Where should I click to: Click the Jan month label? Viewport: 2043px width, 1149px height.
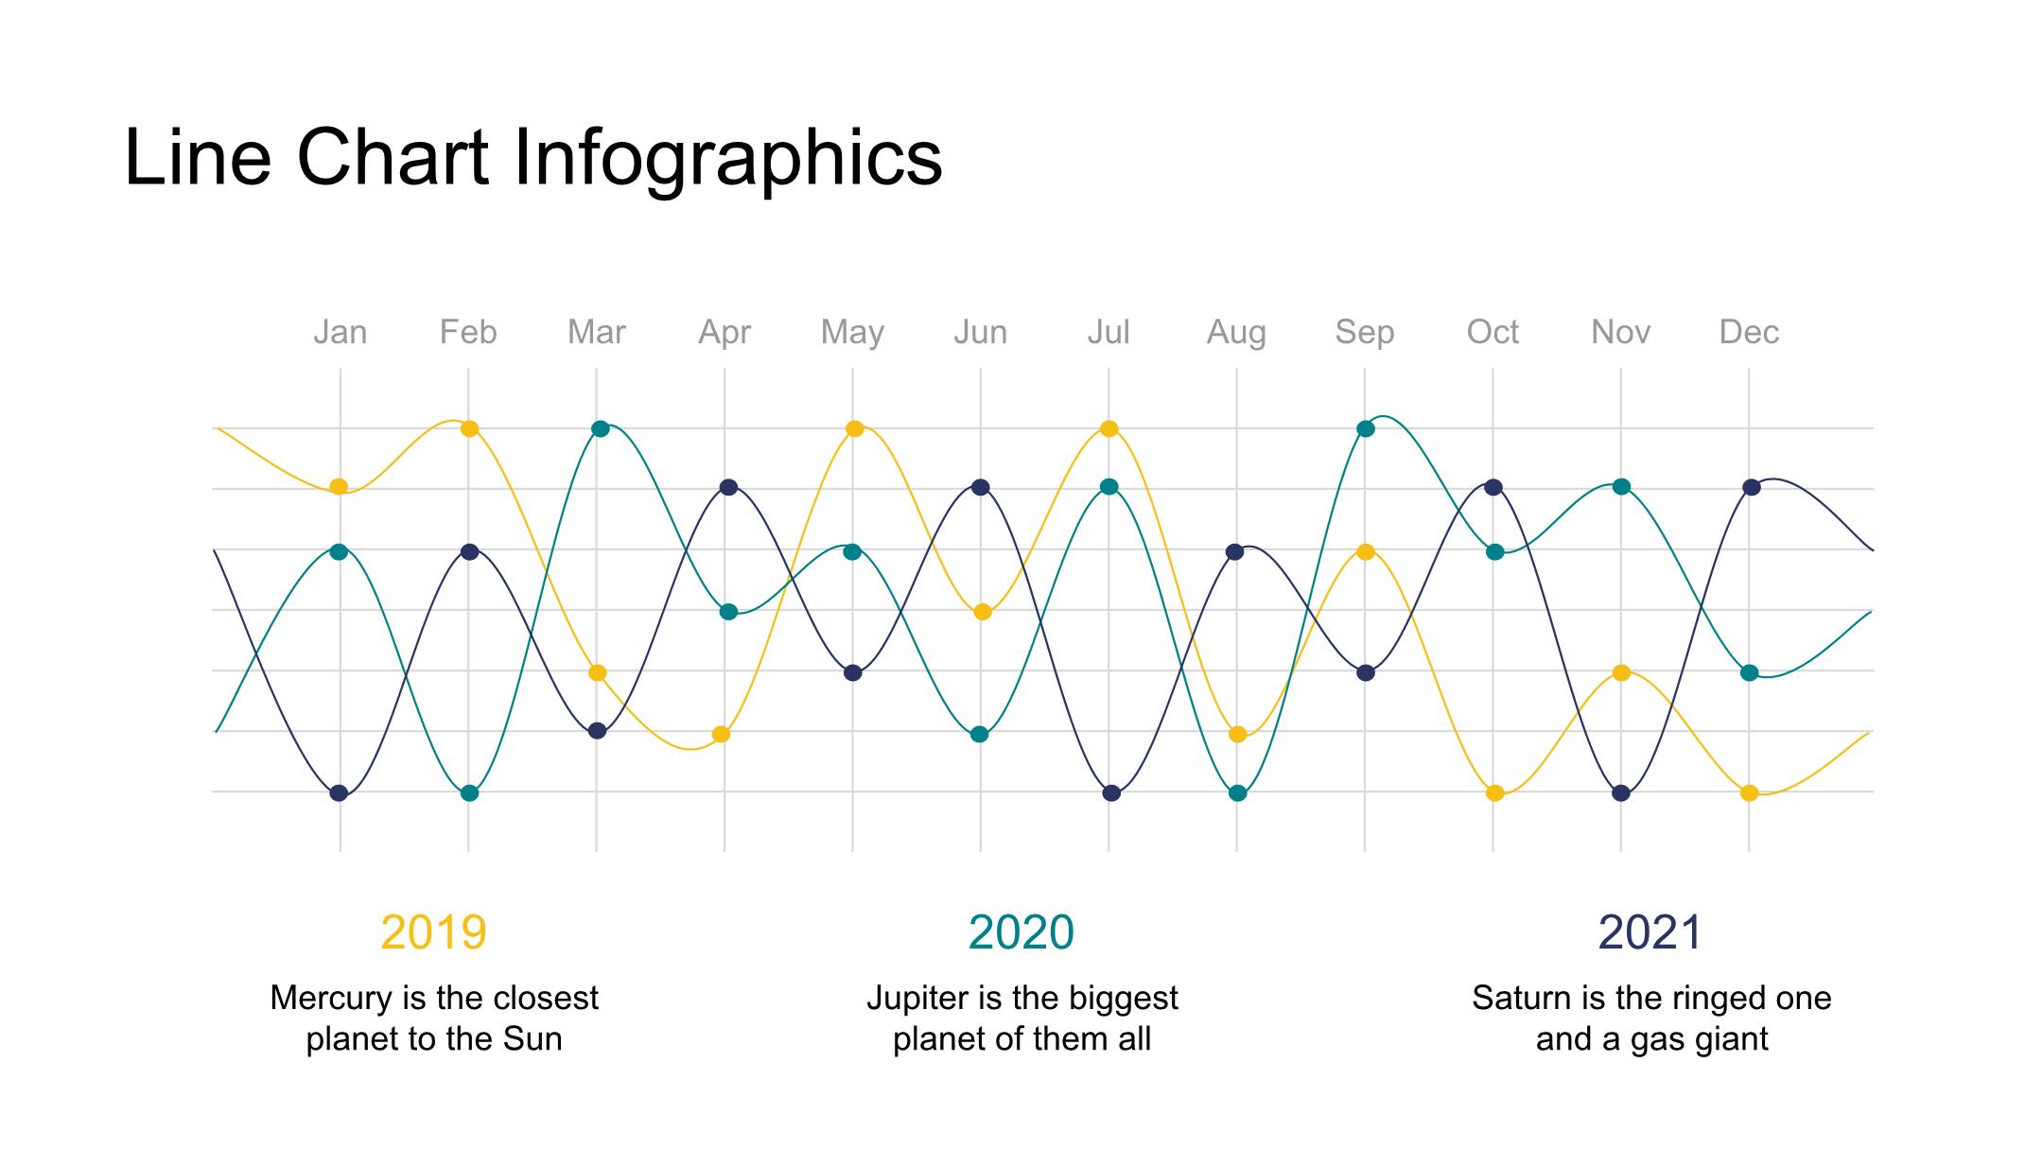click(x=340, y=332)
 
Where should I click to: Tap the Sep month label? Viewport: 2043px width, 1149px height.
click(x=1364, y=333)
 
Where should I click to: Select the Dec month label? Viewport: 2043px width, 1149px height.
click(x=1749, y=332)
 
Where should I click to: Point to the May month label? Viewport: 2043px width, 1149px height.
click(x=852, y=333)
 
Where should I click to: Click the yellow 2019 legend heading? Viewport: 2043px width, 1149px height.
click(x=433, y=932)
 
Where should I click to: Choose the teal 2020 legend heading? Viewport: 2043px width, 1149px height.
click(x=1021, y=932)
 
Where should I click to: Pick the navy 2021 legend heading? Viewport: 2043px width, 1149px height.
click(x=1650, y=932)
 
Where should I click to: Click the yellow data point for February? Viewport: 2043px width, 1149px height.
click(x=469, y=428)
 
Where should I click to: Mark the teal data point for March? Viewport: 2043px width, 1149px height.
click(x=600, y=428)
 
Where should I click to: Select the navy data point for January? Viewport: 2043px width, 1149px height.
click(x=339, y=792)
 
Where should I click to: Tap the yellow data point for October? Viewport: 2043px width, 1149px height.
click(x=1494, y=792)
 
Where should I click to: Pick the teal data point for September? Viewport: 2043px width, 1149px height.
click(x=1365, y=428)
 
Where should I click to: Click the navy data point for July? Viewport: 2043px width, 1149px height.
click(x=1111, y=792)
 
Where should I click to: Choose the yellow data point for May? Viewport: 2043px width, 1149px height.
click(x=854, y=428)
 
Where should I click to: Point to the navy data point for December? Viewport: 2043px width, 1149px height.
click(x=1751, y=487)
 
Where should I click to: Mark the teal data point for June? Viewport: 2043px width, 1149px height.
click(x=980, y=734)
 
